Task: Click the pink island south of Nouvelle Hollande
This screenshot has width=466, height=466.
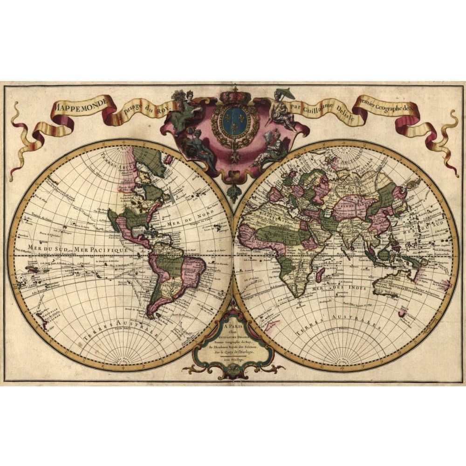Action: click(x=402, y=313)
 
